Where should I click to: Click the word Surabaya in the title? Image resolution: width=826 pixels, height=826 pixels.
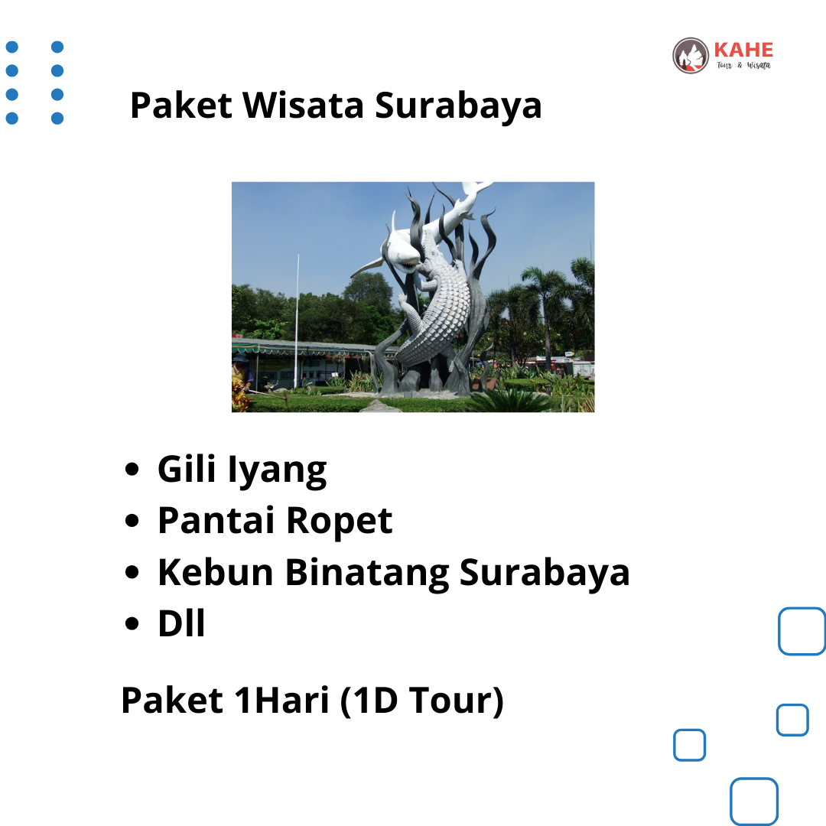tap(458, 106)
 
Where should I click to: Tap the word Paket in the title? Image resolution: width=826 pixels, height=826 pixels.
tap(181, 105)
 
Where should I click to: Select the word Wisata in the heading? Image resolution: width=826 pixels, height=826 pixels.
tap(303, 105)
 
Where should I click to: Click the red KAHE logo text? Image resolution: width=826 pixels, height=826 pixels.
tap(743, 50)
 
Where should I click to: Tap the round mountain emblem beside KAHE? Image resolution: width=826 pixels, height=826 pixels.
tap(690, 55)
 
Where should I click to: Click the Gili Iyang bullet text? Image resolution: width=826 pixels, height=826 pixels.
tap(242, 470)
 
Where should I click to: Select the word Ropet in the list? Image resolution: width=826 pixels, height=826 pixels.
tap(340, 522)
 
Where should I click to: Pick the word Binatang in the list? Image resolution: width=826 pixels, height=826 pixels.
tap(367, 573)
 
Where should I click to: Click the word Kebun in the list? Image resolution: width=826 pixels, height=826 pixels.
tap(216, 572)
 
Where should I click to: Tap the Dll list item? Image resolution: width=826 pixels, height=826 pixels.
tap(181, 624)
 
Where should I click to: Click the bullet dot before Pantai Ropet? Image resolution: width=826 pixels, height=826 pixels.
tap(132, 521)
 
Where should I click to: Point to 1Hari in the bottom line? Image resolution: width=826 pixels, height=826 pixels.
tap(281, 700)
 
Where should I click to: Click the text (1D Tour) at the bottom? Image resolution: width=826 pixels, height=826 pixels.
tap(422, 701)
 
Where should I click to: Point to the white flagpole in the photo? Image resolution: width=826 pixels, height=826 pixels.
tap(297, 320)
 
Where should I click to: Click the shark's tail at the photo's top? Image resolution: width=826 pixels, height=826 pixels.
tap(476, 188)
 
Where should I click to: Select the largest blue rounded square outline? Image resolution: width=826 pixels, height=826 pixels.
tap(802, 631)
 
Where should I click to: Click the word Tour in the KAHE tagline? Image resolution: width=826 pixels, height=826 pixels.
tap(724, 65)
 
